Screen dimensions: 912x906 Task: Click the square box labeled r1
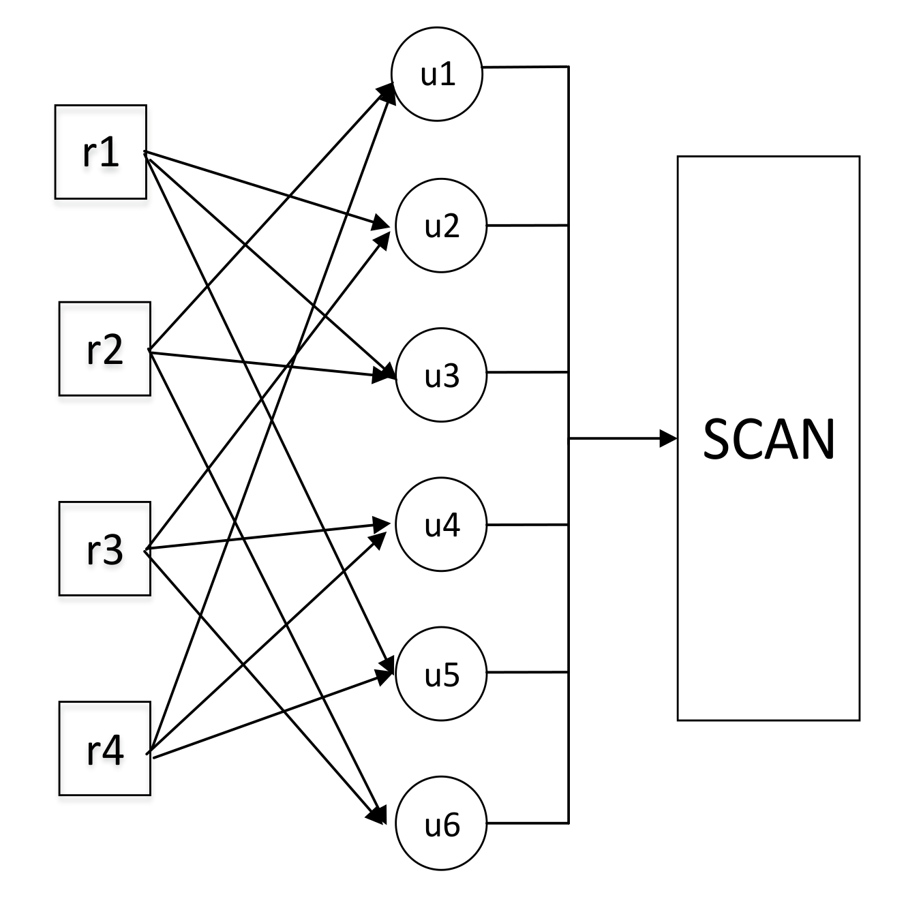pos(101,152)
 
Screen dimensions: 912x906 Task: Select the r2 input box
pos(104,349)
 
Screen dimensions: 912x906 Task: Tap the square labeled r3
pos(104,549)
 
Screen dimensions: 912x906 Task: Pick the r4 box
pos(104,748)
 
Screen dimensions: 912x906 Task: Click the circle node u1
pos(437,74)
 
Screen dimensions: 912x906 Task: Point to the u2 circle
pos(441,226)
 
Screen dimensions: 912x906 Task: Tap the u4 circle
pos(441,525)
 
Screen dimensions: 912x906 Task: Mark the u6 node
pos(441,825)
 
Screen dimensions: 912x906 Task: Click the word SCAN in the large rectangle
pos(768,440)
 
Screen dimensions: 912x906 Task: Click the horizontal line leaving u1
pos(525,67)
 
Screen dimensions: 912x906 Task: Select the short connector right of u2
pos(527,225)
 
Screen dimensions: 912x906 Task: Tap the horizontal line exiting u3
pos(527,372)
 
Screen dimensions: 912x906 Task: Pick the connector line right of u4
pos(527,525)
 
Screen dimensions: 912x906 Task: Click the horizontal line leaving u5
pos(527,672)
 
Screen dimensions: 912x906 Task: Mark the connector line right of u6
pos(527,823)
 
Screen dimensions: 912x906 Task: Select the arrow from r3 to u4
pos(266,536)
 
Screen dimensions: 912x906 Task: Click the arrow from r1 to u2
pos(266,188)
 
